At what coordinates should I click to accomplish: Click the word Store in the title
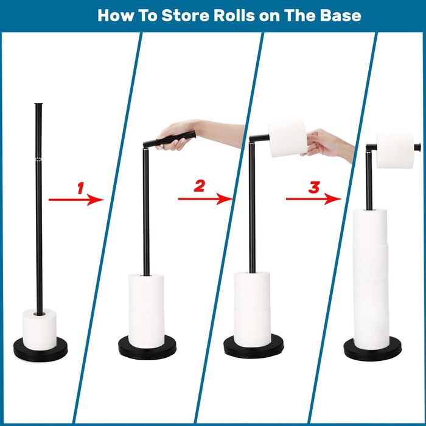click(x=185, y=15)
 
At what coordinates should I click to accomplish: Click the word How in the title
click(x=116, y=15)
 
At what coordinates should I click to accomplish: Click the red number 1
click(x=81, y=188)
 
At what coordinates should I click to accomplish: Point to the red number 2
click(x=199, y=186)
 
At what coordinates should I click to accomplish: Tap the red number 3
click(x=314, y=187)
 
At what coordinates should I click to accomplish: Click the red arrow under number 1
click(x=76, y=200)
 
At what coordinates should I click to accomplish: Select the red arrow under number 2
click(x=205, y=199)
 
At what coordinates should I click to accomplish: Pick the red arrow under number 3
click(x=313, y=199)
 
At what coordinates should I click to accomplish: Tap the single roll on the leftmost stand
click(x=40, y=329)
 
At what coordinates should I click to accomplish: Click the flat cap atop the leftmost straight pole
click(x=38, y=104)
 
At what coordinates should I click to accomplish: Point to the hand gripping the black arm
click(x=178, y=134)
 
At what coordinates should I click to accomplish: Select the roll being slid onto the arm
click(x=287, y=138)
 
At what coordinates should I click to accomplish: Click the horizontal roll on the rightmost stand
click(x=396, y=150)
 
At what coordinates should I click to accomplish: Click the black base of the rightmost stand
click(x=372, y=349)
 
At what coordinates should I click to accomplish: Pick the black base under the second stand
click(x=147, y=348)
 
